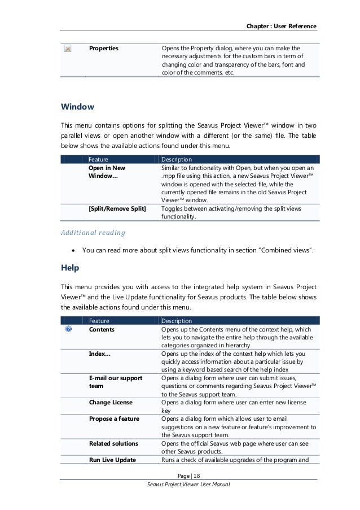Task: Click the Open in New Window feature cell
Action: (107, 172)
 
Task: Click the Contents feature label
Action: (102, 329)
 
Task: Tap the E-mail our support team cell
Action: (115, 381)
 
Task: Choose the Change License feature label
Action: (111, 402)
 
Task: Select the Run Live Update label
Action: (112, 460)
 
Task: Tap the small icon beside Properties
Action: (68, 49)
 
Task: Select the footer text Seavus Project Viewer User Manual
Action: (188, 485)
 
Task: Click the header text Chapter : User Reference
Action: (281, 27)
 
